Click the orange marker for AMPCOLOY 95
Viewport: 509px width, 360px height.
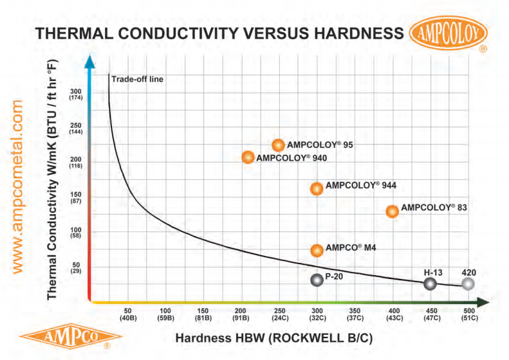click(279, 145)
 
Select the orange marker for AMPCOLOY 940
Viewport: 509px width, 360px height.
click(248, 157)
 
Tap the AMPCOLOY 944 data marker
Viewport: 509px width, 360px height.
click(317, 188)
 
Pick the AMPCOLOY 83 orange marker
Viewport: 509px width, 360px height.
click(392, 211)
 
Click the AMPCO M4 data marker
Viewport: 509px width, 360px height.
click(317, 250)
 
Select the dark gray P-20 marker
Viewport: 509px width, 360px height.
click(316, 280)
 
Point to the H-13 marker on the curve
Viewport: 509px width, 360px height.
click(430, 283)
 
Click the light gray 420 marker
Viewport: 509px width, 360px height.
click(468, 283)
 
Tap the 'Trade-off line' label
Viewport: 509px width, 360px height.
click(138, 80)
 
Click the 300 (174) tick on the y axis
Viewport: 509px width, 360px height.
click(75, 94)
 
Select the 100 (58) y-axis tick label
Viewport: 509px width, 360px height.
click(75, 233)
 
